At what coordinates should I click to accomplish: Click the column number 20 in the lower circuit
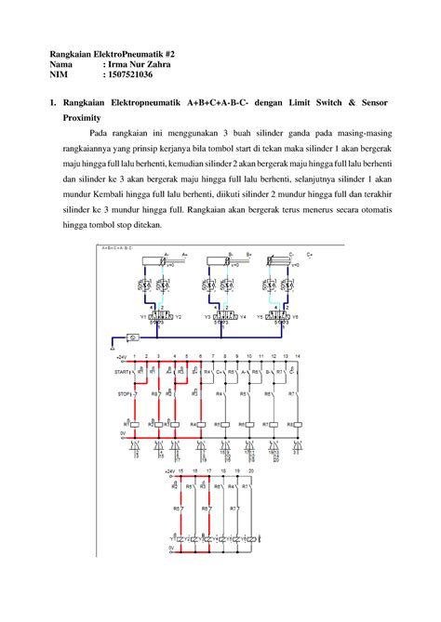(x=251, y=471)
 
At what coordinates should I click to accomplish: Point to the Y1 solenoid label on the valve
(x=144, y=316)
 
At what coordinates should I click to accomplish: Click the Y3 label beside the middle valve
(x=207, y=316)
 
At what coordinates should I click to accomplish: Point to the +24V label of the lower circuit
(x=168, y=471)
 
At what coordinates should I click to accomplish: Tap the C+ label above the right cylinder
(x=310, y=253)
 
